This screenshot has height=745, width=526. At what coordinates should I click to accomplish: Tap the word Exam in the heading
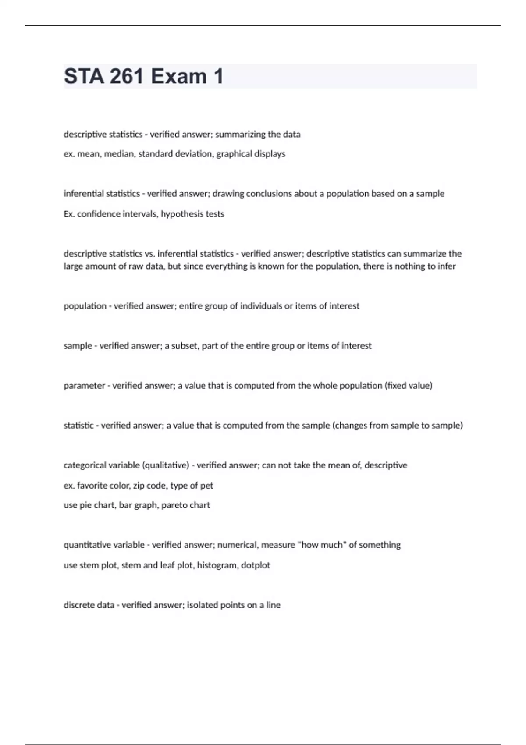point(179,76)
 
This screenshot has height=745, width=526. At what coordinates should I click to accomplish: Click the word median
point(119,154)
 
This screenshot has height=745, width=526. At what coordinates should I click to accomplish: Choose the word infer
point(447,266)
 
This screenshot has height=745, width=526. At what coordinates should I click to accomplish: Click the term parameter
point(84,386)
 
